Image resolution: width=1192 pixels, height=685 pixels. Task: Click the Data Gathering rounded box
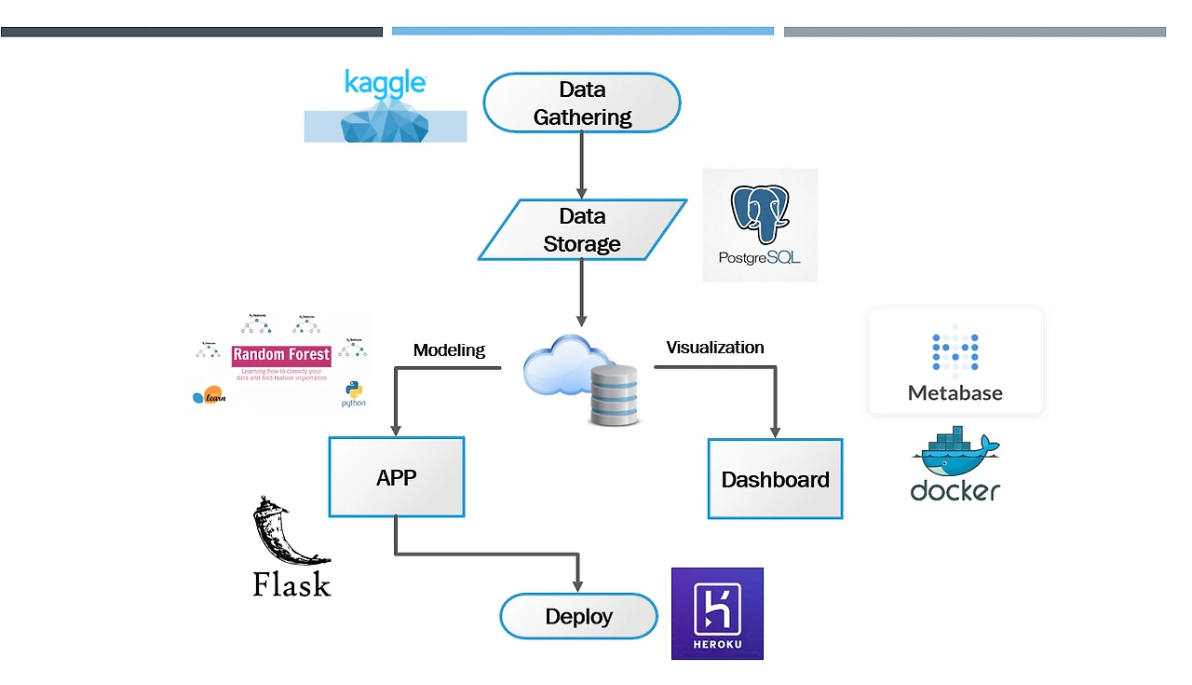pos(581,103)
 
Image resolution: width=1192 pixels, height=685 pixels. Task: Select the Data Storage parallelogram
pos(582,230)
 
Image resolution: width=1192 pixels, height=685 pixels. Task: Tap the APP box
pos(397,477)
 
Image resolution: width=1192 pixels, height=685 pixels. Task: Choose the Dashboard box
pos(775,479)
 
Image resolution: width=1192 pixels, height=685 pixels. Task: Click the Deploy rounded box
pos(578,616)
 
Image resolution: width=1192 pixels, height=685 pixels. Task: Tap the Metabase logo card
pos(955,362)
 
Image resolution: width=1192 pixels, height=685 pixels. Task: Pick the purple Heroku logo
pos(717,613)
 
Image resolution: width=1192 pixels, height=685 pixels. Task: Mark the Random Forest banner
pos(281,355)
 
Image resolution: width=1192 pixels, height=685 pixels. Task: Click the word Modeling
pos(449,350)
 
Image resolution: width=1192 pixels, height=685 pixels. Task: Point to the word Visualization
pos(715,348)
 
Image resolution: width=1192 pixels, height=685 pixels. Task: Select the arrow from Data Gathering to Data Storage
pos(582,164)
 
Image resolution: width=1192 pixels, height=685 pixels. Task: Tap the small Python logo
pos(353,393)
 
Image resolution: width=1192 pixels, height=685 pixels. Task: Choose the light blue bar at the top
pos(582,31)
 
